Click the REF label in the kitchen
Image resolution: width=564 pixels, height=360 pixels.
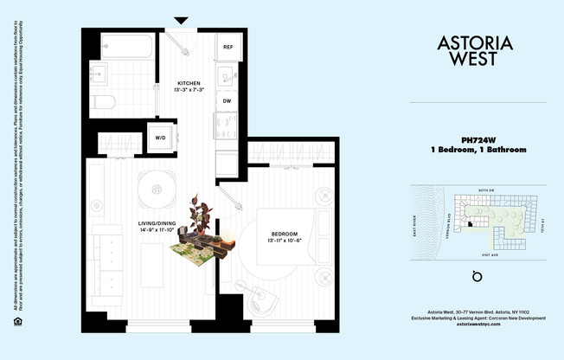pyautogui.click(x=228, y=47)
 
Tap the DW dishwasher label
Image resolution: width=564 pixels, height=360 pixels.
pyautogui.click(x=227, y=101)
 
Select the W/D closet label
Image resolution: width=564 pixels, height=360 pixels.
pyautogui.click(x=161, y=138)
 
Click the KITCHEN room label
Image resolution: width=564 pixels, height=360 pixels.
pyautogui.click(x=189, y=81)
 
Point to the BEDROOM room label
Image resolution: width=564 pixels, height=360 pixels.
pyautogui.click(x=285, y=235)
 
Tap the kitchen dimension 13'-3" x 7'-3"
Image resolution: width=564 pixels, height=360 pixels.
pyautogui.click(x=189, y=90)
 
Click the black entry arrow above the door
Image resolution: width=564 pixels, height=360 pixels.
pyautogui.click(x=181, y=20)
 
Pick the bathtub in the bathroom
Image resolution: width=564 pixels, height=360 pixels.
pyautogui.click(x=126, y=46)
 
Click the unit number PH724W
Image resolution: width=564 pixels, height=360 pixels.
pyautogui.click(x=477, y=139)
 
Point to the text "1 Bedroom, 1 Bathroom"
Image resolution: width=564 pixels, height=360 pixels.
pyautogui.click(x=477, y=150)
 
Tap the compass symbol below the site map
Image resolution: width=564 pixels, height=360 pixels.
pyautogui.click(x=475, y=277)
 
